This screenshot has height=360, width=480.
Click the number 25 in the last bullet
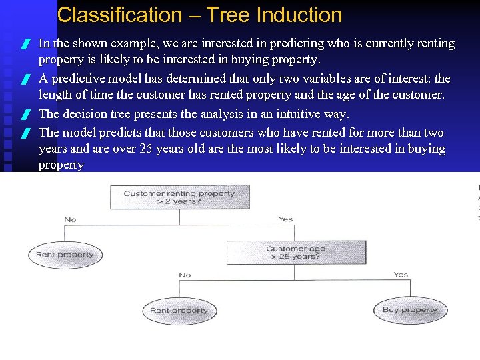coord(149,148)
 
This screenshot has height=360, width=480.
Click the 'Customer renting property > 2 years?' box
coord(179,197)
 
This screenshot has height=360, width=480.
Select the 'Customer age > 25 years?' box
coord(296,253)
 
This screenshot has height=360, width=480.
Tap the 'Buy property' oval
coord(410,310)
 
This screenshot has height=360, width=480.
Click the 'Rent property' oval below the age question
coord(179,311)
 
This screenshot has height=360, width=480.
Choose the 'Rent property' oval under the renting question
coord(65,255)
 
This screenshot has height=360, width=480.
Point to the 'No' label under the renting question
coord(70,219)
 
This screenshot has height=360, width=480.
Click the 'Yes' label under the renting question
coord(285,219)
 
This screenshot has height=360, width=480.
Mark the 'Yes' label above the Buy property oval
coord(401,275)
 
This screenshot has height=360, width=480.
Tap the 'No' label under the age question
coord(185,275)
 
